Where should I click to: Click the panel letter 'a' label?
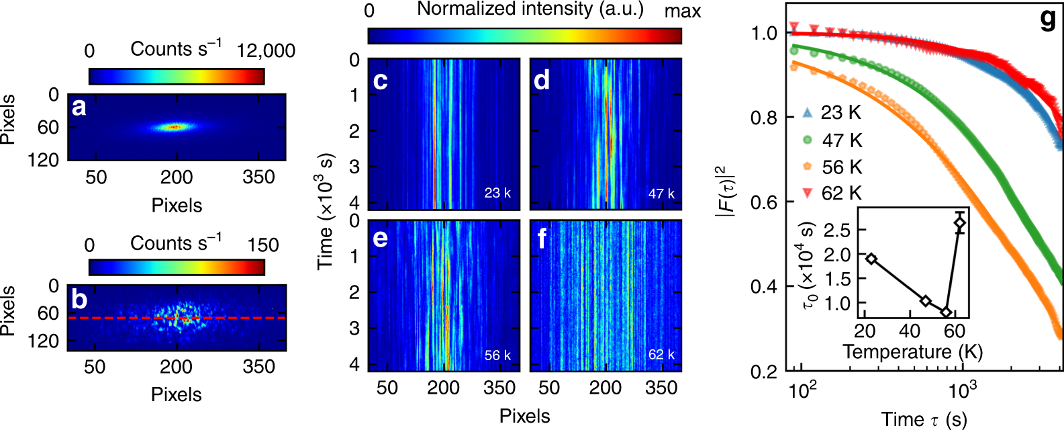pyautogui.click(x=79, y=107)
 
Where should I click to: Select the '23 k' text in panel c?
pyautogui.click(x=497, y=193)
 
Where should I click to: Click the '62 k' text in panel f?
pyautogui.click(x=661, y=354)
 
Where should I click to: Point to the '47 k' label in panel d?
pyautogui.click(x=661, y=193)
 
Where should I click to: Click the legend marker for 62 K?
pyautogui.click(x=808, y=193)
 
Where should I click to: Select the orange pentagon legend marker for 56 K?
pyautogui.click(x=808, y=167)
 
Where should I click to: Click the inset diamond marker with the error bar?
pyautogui.click(x=960, y=222)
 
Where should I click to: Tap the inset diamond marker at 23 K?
pyautogui.click(x=871, y=259)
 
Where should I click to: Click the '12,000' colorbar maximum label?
pyautogui.click(x=266, y=51)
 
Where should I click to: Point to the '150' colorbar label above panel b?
pyautogui.click(x=263, y=245)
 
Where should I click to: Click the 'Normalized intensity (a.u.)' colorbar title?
pyautogui.click(x=530, y=9)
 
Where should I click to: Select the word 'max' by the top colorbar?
pyautogui.click(x=683, y=11)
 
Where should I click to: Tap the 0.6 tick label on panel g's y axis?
pyautogui.click(x=764, y=202)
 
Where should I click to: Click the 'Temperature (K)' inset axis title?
pyautogui.click(x=912, y=352)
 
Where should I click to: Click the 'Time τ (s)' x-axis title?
pyautogui.click(x=924, y=419)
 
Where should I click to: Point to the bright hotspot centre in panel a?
pyautogui.click(x=175, y=126)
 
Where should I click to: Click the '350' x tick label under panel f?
pyautogui.click(x=661, y=388)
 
